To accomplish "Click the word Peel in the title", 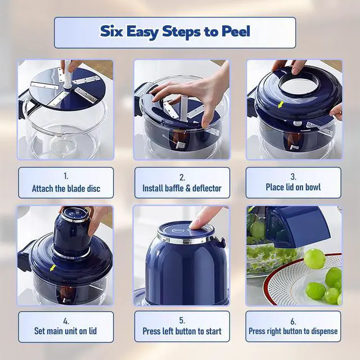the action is click(236, 31).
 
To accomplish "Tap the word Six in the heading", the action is click(111, 31).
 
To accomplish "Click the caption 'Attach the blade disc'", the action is click(66, 188).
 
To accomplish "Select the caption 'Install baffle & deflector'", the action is click(182, 188).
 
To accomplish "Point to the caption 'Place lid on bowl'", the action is click(293, 187).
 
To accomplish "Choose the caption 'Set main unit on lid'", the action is click(65, 331).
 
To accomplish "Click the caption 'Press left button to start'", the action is click(182, 331).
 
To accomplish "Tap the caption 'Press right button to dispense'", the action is click(293, 331).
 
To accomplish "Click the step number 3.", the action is click(293, 177).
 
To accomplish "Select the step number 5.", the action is click(182, 320).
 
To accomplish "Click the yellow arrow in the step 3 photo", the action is click(280, 105).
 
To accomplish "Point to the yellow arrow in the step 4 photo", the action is click(53, 268).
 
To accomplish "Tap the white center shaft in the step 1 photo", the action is click(67, 74).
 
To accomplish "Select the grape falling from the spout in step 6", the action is click(314, 259).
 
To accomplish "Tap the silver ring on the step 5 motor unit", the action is click(186, 238).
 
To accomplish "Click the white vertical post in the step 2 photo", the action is click(184, 109).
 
